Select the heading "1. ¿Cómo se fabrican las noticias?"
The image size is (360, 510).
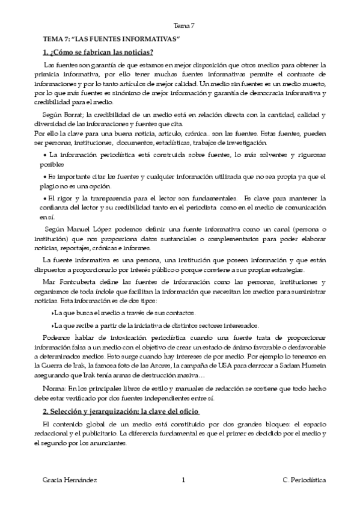point(98,51)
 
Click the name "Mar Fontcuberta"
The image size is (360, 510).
point(67,283)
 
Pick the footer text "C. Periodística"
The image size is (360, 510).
point(304,481)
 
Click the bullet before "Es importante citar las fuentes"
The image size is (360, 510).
point(45,176)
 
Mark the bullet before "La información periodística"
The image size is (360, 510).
point(45,155)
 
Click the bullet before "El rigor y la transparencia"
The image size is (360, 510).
point(45,197)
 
